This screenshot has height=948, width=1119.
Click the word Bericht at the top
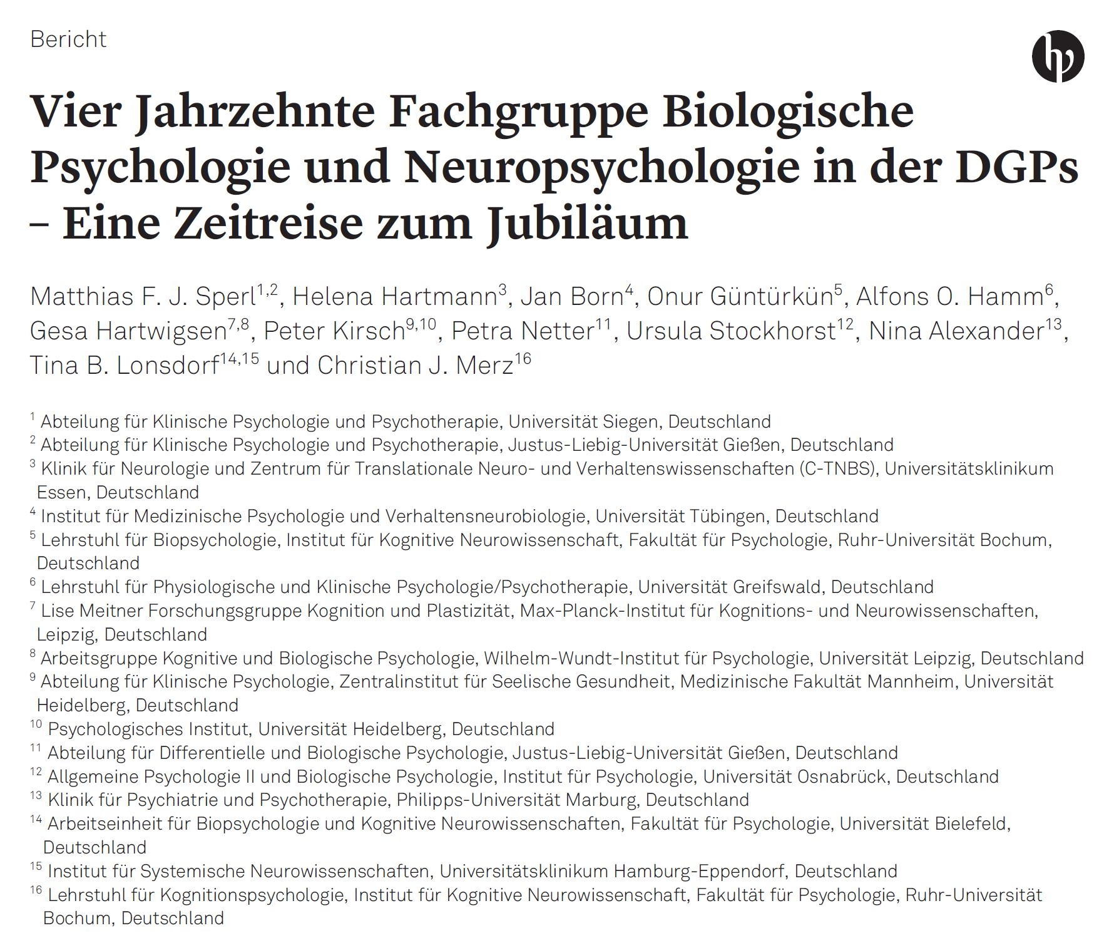click(68, 39)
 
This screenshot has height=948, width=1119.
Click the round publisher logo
click(1058, 57)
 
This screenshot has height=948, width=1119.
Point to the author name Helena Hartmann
click(394, 296)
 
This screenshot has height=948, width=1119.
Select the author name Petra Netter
click(522, 331)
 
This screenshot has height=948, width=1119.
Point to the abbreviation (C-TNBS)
click(836, 468)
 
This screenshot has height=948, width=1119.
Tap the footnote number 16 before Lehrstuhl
click(36, 890)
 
